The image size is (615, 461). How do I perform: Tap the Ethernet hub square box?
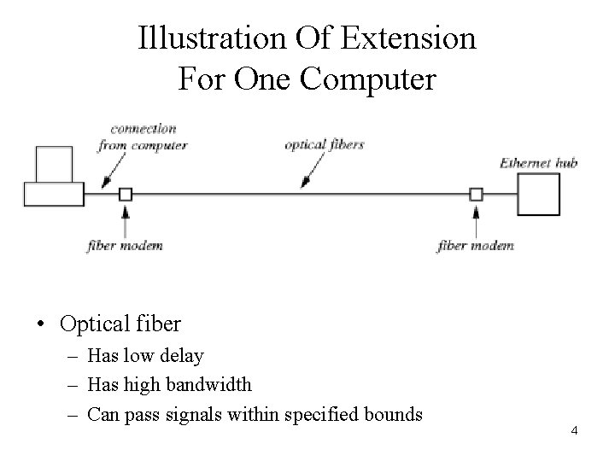(540, 194)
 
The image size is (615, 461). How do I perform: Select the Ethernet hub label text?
(538, 162)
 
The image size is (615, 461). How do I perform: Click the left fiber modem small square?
(126, 195)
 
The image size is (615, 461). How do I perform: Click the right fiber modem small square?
(477, 195)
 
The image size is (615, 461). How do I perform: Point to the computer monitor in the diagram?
(56, 164)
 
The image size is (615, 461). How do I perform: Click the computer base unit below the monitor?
(53, 195)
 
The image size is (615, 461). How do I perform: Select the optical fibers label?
(325, 144)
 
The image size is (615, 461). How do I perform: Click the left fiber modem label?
(126, 246)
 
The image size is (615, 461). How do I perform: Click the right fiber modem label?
(476, 246)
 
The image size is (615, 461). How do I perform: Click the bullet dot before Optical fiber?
(41, 324)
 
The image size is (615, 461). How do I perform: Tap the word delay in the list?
(185, 355)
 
